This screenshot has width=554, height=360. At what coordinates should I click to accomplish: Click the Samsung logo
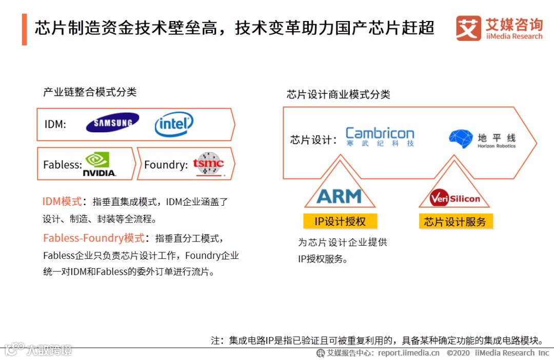(112, 123)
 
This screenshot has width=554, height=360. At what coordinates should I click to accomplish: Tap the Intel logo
(174, 124)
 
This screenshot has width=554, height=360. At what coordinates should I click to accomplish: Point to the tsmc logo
(208, 164)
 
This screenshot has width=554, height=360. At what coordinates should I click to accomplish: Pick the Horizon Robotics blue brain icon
(460, 138)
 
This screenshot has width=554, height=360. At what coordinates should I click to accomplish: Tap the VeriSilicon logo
(454, 198)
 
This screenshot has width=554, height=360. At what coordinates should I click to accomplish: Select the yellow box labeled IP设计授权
(340, 222)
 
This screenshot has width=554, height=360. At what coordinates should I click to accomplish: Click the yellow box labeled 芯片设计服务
(455, 222)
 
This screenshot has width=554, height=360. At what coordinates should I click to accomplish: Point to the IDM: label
(55, 124)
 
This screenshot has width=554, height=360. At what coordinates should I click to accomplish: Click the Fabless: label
(62, 165)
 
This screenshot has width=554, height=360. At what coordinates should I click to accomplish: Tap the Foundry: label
(166, 165)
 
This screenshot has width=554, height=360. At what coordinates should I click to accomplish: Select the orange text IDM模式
(62, 202)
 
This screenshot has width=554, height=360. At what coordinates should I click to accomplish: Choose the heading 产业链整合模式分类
(90, 92)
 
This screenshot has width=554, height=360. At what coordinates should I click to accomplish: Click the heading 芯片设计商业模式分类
(339, 94)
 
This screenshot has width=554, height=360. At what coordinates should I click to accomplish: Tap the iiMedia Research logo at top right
(499, 28)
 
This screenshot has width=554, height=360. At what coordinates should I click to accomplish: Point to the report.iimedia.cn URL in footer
(409, 353)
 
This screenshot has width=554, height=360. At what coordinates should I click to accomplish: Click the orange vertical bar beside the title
(24, 29)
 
